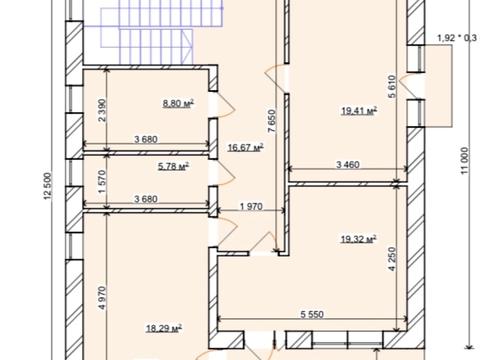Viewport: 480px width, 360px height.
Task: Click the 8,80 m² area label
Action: [178, 103]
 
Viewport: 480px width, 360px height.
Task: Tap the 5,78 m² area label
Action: [173, 166]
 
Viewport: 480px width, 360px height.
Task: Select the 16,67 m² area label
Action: [246, 147]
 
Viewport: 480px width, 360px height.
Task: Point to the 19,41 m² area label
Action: [359, 111]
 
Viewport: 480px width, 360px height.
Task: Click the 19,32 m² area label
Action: [359, 239]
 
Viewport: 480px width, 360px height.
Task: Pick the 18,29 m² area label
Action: [164, 328]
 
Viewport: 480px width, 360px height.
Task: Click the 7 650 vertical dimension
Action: [272, 121]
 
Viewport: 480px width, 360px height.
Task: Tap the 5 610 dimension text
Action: [392, 86]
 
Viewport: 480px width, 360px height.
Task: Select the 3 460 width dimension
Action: [348, 165]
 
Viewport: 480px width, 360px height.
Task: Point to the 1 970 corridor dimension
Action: [251, 207]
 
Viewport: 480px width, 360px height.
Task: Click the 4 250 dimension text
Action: [393, 259]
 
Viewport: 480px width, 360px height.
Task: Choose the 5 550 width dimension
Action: [312, 314]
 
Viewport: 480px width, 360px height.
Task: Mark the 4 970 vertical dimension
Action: [102, 298]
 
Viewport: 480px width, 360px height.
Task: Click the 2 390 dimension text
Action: [102, 110]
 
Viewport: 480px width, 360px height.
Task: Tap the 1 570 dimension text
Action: [102, 182]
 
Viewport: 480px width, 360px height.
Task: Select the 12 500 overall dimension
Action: [48, 186]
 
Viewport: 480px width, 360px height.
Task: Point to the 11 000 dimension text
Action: [465, 161]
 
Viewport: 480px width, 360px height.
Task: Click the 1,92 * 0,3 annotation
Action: [457, 38]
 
